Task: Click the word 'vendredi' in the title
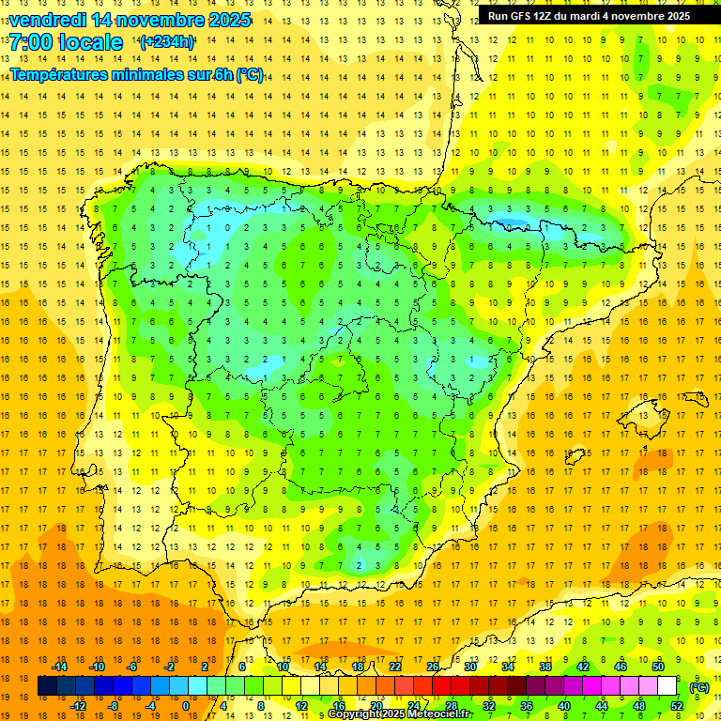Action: [47, 20]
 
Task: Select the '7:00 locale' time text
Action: [66, 42]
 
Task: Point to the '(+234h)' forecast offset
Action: [167, 41]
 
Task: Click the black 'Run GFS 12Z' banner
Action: [589, 15]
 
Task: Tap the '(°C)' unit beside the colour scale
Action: [699, 686]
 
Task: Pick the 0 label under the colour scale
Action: [185, 706]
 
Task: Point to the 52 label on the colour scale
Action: [677, 706]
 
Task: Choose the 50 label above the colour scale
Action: [657, 667]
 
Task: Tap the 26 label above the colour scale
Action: [433, 667]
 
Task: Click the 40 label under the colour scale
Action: [564, 706]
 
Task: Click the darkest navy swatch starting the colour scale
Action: [47, 686]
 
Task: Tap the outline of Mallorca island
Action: [576, 455]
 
